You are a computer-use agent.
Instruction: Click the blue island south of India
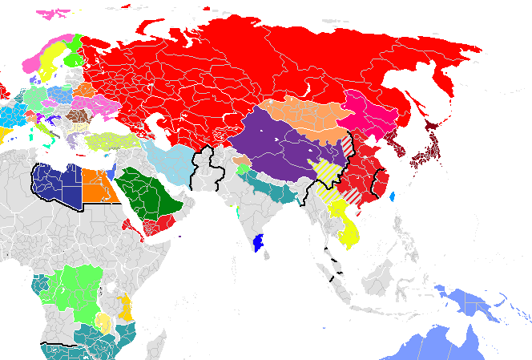click(x=258, y=241)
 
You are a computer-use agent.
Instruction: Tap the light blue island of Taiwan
click(x=391, y=195)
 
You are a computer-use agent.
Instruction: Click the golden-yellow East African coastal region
click(x=126, y=307)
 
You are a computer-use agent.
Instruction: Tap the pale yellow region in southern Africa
click(x=103, y=322)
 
